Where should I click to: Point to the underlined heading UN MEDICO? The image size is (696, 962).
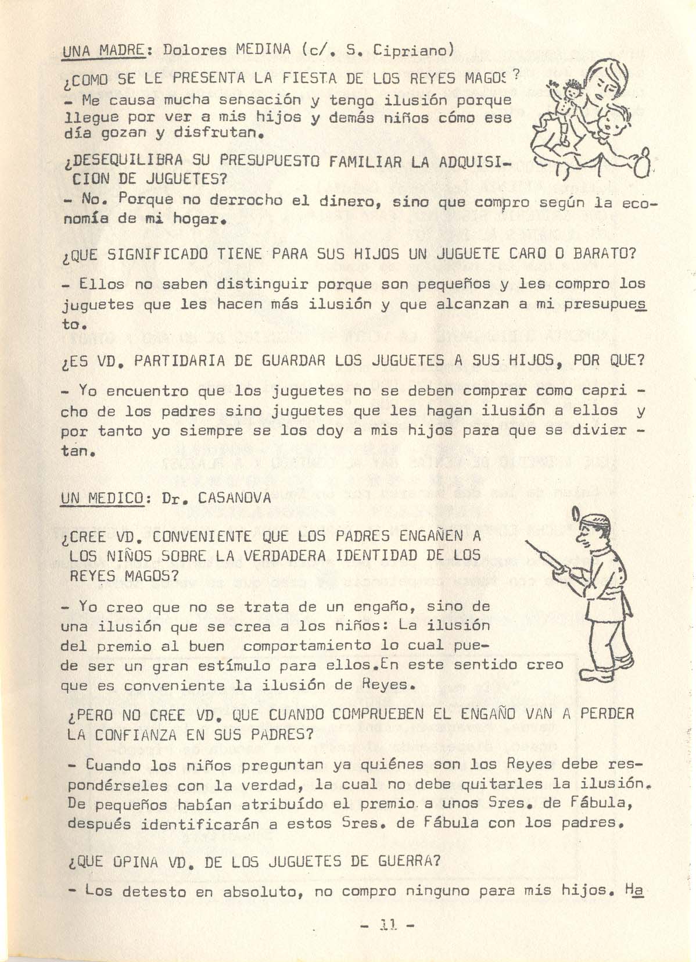point(102,498)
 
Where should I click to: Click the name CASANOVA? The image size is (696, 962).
point(234,498)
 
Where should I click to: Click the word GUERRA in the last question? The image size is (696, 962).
point(408,861)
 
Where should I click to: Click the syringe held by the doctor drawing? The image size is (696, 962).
point(548,559)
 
